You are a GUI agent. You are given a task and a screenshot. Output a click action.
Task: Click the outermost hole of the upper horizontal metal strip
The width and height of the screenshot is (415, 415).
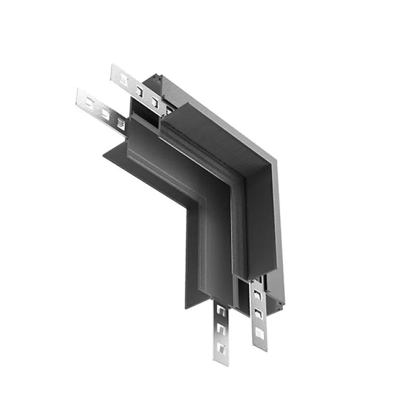pyautogui.click(x=123, y=79)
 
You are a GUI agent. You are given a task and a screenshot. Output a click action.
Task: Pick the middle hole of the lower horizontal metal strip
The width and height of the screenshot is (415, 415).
pyautogui.click(x=105, y=114)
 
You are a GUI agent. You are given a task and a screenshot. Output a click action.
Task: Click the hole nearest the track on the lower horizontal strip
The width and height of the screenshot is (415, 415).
pyautogui.click(x=120, y=123)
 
